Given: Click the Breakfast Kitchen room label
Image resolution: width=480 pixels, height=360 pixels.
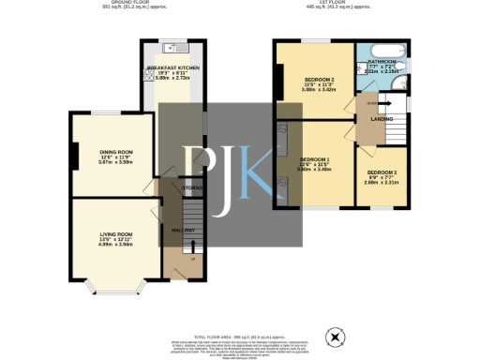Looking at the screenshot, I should [x=172, y=68].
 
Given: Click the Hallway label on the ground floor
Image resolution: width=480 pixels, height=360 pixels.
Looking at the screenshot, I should [x=183, y=231].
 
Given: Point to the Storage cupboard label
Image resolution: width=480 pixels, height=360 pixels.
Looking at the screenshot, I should [x=192, y=187].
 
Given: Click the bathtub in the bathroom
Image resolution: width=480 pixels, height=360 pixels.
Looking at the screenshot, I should [x=384, y=48].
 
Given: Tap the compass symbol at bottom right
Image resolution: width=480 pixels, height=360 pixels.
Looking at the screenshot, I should [x=333, y=336].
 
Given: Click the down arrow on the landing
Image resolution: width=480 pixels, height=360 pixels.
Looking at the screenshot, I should [x=373, y=103].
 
